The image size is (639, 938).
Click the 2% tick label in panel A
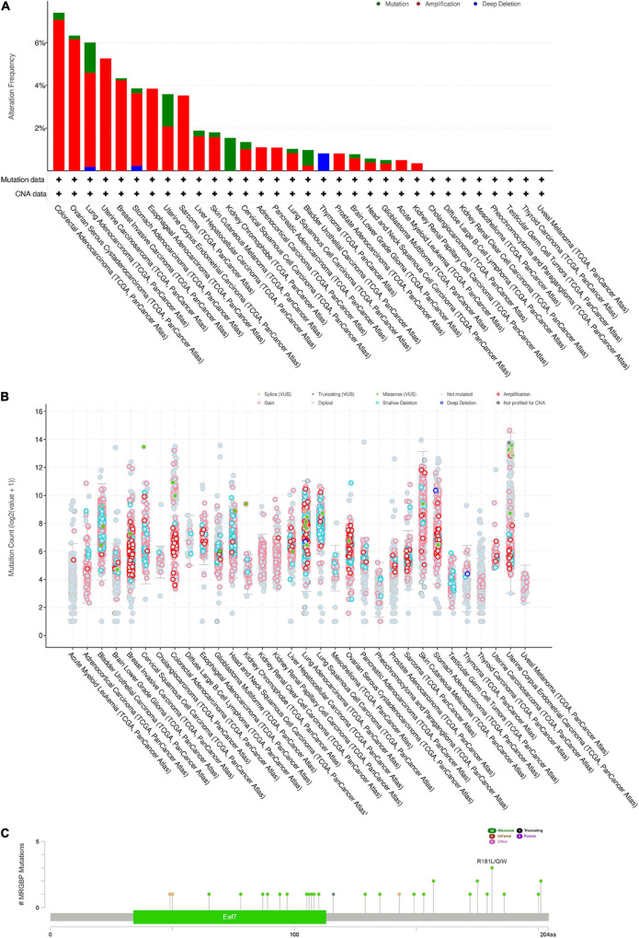pyautogui.click(x=40, y=127)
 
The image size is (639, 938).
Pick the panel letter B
pyautogui.click(x=7, y=372)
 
